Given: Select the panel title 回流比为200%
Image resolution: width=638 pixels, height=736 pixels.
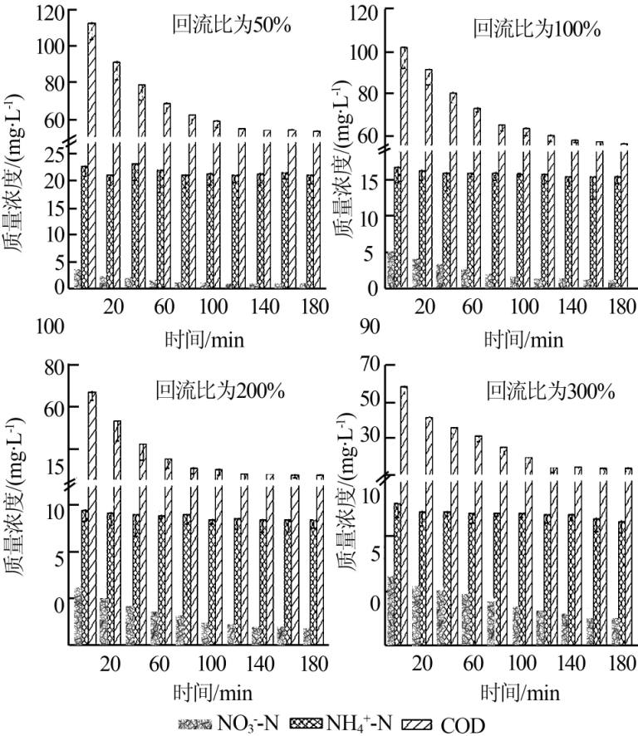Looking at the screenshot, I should pyautogui.click(x=220, y=390).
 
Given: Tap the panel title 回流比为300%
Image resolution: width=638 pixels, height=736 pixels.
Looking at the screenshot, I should pyautogui.click(x=550, y=390).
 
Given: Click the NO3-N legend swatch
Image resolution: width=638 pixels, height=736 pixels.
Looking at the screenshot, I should pyautogui.click(x=195, y=724).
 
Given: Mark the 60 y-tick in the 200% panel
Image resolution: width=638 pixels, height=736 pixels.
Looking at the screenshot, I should pyautogui.click(x=54, y=409).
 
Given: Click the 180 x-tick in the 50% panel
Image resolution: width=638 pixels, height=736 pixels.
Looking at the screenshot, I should pyautogui.click(x=312, y=307).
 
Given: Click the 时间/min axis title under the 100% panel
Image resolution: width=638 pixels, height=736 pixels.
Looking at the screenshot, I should pyautogui.click(x=523, y=339).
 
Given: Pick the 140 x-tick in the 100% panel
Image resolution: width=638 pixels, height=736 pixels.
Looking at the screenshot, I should pyautogui.click(x=572, y=307).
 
